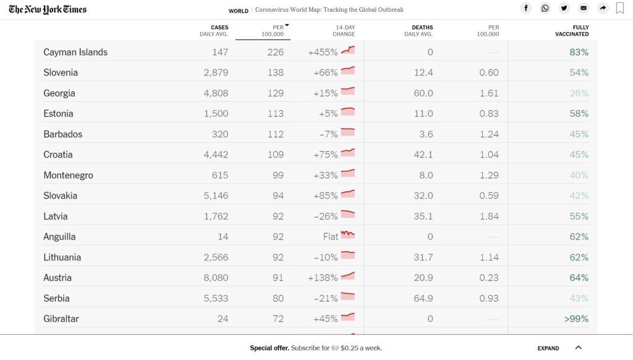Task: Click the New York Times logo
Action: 48,9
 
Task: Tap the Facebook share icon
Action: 525,8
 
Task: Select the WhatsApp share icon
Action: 545,8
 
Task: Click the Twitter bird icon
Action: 564,8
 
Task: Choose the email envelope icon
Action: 584,8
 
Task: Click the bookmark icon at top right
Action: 619,8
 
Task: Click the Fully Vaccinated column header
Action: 572,31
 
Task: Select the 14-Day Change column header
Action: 344,31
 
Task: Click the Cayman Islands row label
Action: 75,52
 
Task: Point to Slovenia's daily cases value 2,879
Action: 216,73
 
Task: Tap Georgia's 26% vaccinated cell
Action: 579,93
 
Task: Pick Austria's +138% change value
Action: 323,278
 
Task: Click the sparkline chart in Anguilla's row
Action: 347,234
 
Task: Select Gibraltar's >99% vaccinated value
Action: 576,319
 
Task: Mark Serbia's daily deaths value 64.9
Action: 423,299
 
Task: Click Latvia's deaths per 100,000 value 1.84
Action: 489,216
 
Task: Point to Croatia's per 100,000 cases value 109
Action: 275,155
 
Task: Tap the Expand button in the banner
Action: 548,348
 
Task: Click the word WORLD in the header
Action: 238,11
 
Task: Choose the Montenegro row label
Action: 68,175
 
